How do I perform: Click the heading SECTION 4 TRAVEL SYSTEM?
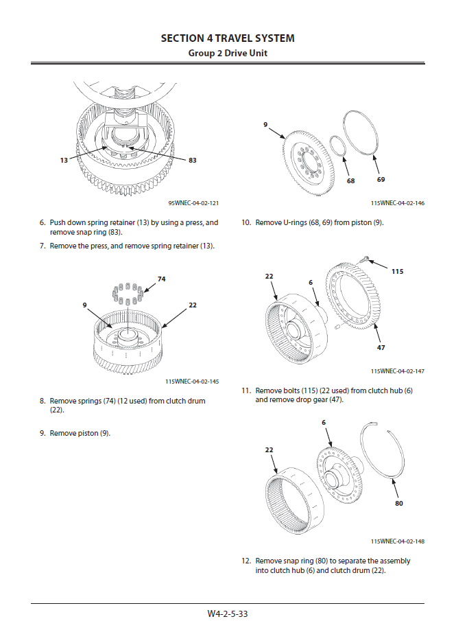click(228, 38)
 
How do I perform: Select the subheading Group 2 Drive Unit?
click(228, 53)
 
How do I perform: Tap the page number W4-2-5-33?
click(228, 614)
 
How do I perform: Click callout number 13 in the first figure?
click(64, 160)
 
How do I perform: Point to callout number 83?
click(193, 160)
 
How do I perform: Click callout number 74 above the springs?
click(162, 279)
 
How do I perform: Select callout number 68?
click(350, 181)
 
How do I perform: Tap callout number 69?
click(381, 179)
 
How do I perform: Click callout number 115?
click(397, 271)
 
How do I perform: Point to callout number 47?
click(381, 348)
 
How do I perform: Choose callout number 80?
click(399, 503)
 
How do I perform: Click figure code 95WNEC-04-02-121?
click(193, 203)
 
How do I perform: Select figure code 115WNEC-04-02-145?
click(192, 381)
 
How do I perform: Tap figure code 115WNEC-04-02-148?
click(398, 541)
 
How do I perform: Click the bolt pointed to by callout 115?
click(365, 259)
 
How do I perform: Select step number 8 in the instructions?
click(43, 401)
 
